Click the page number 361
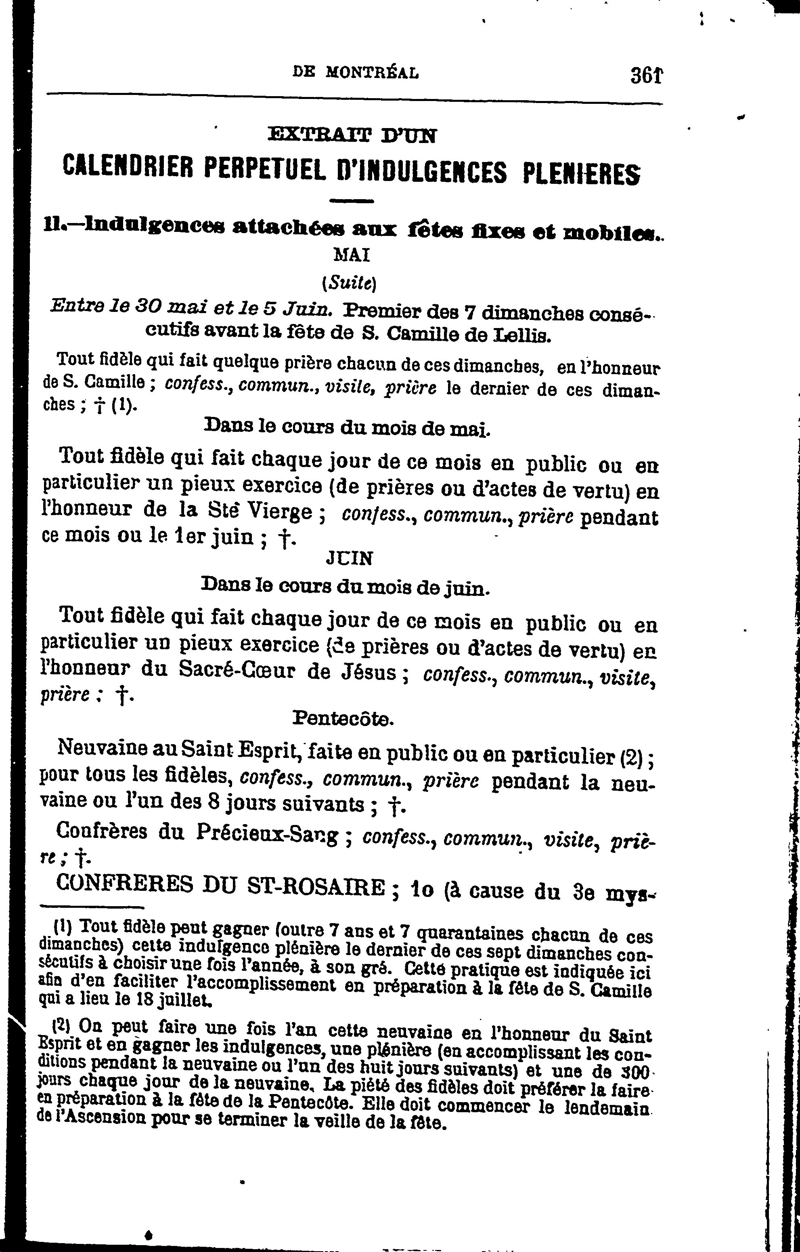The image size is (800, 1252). click(646, 75)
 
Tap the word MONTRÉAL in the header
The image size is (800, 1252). click(372, 73)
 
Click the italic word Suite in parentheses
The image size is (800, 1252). click(350, 283)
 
